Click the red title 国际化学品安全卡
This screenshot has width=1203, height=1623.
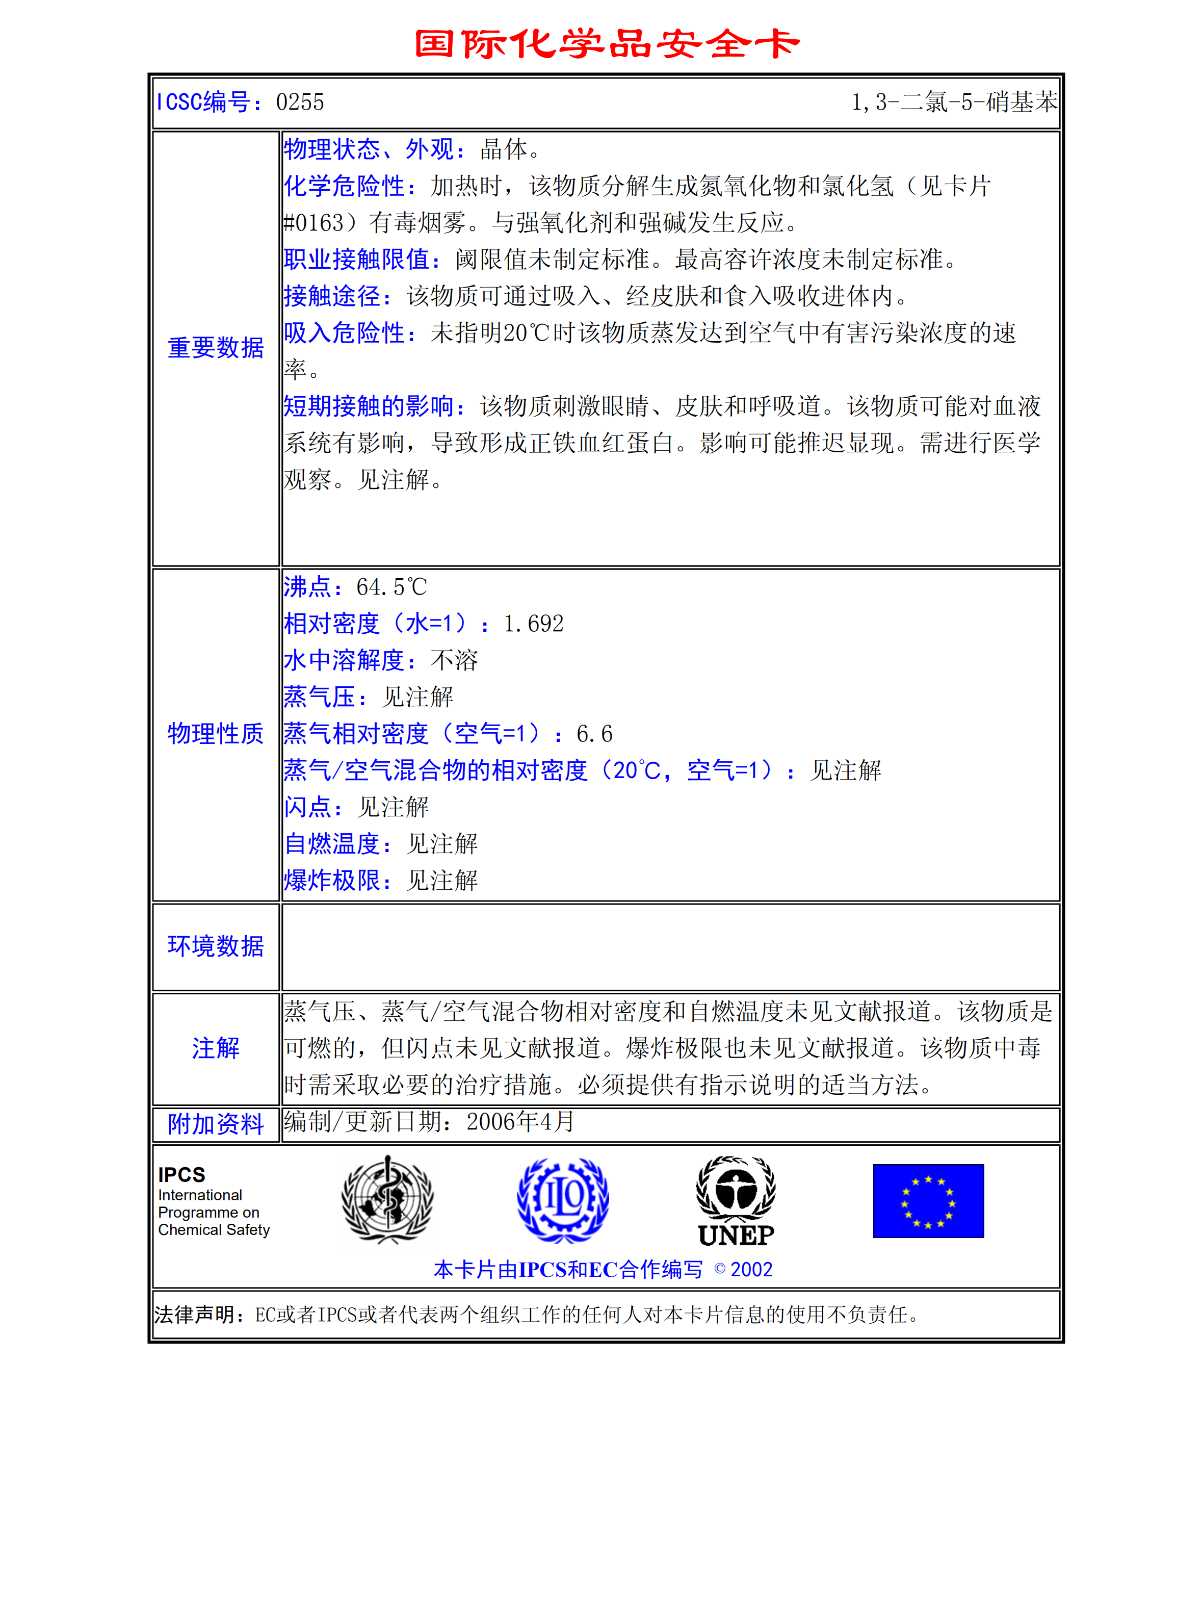point(607,44)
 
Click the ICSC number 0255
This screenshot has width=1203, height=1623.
point(299,102)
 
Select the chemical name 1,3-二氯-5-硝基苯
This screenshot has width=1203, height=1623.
point(953,102)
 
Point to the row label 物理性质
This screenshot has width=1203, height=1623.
point(216,734)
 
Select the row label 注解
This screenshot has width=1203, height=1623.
point(216,1048)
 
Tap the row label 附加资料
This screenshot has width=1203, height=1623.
point(216,1124)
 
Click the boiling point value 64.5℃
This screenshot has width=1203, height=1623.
point(391,587)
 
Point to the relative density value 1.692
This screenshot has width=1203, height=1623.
point(533,624)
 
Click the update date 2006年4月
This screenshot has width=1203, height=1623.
point(520,1122)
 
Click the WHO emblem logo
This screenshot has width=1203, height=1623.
point(387,1200)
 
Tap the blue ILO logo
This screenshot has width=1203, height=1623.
point(562,1200)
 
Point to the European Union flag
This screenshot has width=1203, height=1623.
point(928,1200)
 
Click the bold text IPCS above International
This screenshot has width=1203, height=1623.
point(181,1175)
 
